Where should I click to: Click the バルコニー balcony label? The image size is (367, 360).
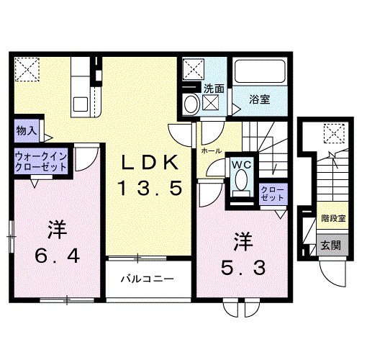pos(150,278)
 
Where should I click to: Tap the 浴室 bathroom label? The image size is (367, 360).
pos(260,99)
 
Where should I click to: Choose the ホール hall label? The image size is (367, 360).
pos(211,152)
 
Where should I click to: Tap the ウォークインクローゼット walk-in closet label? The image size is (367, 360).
pos(40,161)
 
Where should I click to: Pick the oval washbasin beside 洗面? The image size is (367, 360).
pos(191,104)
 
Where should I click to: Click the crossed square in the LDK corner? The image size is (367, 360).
pos(30,70)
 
